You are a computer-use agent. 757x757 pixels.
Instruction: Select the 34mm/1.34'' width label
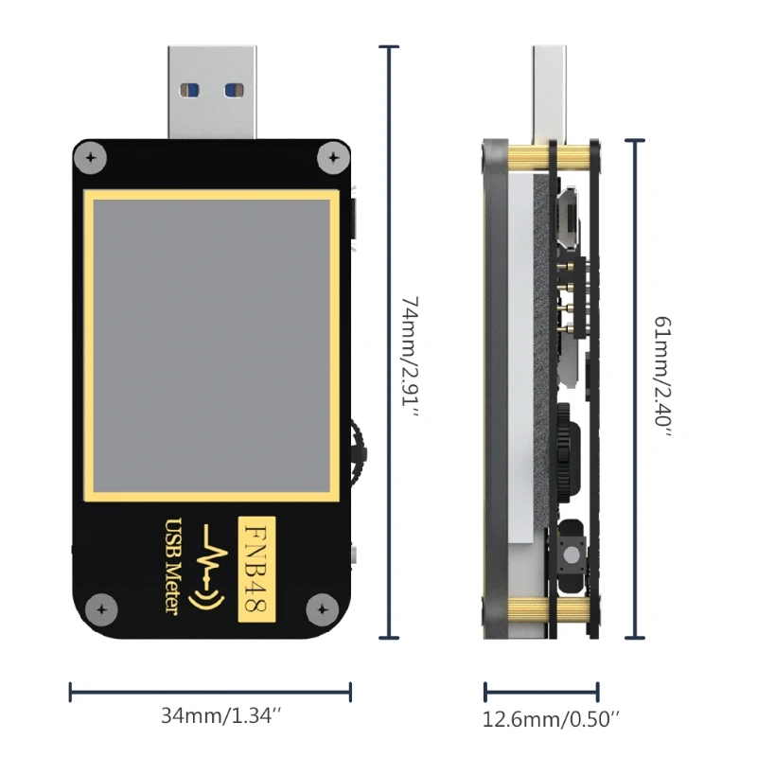tap(210, 716)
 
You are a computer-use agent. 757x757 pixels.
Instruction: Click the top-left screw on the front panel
tap(93, 158)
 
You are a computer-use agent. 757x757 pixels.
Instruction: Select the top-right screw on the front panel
tap(331, 158)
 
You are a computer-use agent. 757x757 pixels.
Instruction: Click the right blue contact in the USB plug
tap(232, 91)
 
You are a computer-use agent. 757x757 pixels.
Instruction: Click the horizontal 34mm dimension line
tap(210, 692)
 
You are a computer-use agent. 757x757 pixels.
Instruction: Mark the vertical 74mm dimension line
tap(387, 341)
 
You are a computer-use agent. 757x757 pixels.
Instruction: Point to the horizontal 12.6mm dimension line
tap(541, 692)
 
